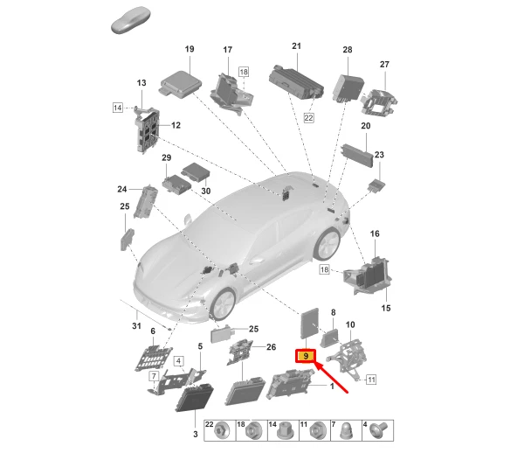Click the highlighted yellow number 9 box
(306, 356)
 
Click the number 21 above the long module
(296, 45)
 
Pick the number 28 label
(347, 50)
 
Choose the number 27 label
(383, 64)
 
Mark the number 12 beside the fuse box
(176, 126)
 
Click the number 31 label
(135, 327)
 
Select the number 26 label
(271, 347)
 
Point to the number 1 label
(331, 386)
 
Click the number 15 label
(387, 308)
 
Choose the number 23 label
(379, 155)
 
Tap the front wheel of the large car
(222, 303)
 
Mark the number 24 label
(122, 189)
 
